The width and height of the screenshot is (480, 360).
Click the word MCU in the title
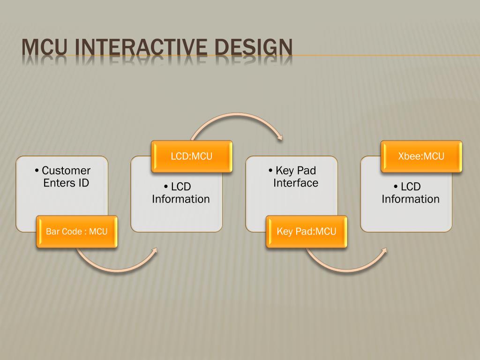[x=45, y=50]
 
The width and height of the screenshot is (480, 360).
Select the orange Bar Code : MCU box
[x=77, y=232]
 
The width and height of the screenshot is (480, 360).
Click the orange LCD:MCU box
[x=191, y=156]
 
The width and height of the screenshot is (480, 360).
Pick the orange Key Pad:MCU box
[x=307, y=232]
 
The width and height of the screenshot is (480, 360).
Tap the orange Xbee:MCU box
[x=421, y=156]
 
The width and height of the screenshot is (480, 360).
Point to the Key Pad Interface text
[x=296, y=177]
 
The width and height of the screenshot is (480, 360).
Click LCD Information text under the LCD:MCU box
[x=181, y=193]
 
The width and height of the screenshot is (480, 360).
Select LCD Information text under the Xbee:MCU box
[x=411, y=193]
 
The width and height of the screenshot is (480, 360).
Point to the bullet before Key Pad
[x=271, y=171]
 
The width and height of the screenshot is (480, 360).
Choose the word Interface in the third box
[x=296, y=183]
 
